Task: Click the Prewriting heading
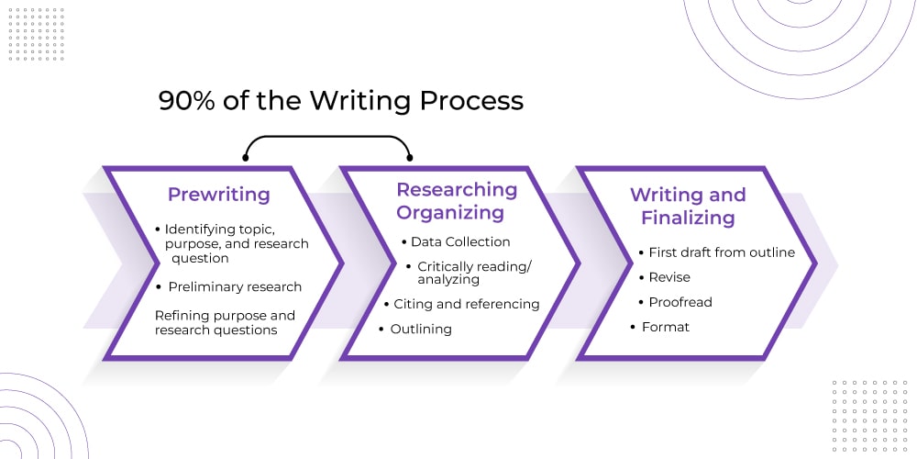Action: [x=219, y=195]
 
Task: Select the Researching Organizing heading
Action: [x=457, y=201]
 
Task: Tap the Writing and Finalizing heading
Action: [x=688, y=206]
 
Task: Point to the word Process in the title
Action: [x=471, y=101]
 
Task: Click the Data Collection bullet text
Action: [x=460, y=241]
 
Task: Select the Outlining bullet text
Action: [x=421, y=329]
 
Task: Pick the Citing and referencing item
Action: [x=467, y=305]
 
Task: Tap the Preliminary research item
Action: [x=235, y=286]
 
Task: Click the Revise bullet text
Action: [x=669, y=277]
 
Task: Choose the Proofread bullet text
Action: [x=680, y=302]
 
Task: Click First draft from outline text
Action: [x=722, y=252]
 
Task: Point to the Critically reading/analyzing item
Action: [x=475, y=273]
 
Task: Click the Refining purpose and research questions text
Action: [x=226, y=322]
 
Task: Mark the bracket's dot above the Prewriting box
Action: [x=246, y=158]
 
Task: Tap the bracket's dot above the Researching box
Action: [x=409, y=158]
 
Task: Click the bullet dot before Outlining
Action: [x=381, y=329]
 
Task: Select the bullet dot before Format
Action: [x=633, y=328]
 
